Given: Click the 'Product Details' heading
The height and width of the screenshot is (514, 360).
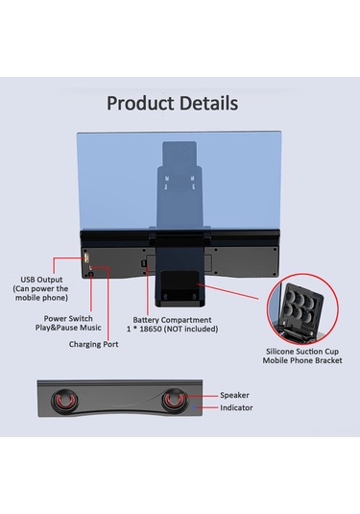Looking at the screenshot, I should pos(172,103).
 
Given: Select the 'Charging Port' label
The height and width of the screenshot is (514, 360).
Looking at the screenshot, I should pos(94,343).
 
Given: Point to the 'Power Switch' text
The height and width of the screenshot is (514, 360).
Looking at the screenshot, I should pos(69,318).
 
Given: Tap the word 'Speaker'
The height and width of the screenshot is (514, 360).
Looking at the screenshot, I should pos(235,395).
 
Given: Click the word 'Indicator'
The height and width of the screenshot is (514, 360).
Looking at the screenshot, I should pos(237,407).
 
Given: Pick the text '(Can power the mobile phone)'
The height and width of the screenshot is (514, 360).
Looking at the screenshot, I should pos(39,294).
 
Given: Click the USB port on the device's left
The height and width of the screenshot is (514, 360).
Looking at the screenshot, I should pos(87,260).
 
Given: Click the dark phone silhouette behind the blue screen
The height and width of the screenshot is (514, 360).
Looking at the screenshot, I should pos(180,192).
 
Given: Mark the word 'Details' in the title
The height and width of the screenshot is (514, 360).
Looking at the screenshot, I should pos(204,103).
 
